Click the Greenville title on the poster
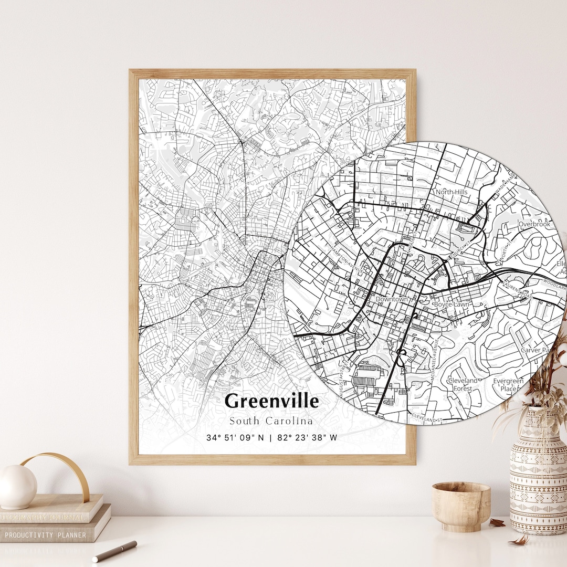(x=271, y=401)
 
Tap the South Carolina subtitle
(x=271, y=421)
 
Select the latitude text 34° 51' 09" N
(x=236, y=437)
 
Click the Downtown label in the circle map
(x=392, y=299)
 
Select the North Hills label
(x=451, y=192)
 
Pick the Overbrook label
(x=534, y=224)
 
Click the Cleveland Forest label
(x=463, y=384)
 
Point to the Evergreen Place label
(x=508, y=385)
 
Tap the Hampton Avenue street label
(x=344, y=257)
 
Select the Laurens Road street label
(x=518, y=291)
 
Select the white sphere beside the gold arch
(x=17, y=486)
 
